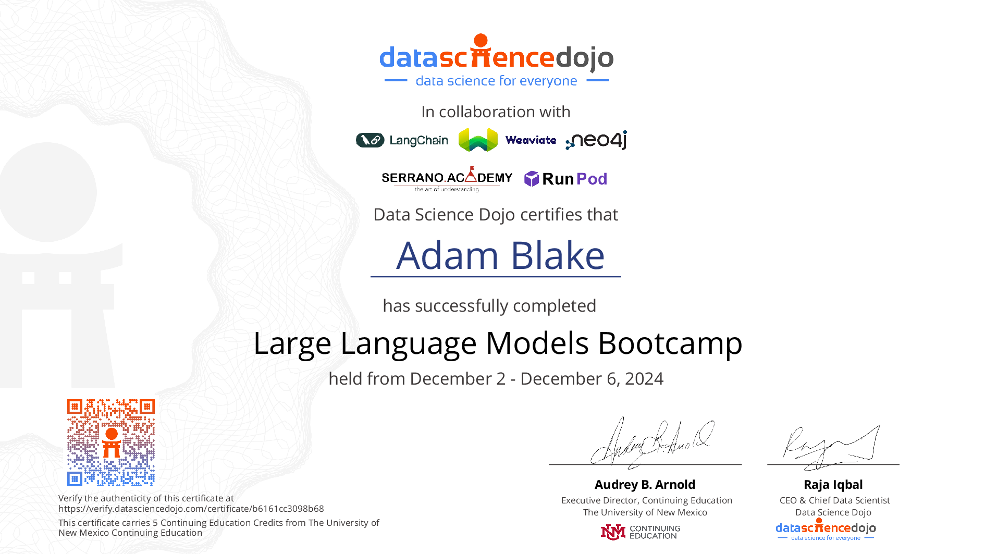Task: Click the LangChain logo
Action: [402, 140]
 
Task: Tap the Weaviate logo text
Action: [531, 140]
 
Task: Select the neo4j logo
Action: [596, 140]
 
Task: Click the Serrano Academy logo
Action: [447, 179]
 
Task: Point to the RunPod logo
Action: [565, 179]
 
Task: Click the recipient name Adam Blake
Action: [500, 255]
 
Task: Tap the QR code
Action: [111, 442]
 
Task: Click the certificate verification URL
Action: [191, 509]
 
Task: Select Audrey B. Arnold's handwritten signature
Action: [651, 443]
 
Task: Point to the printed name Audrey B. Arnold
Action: [645, 485]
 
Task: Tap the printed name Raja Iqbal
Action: [833, 485]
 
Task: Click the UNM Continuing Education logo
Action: [641, 532]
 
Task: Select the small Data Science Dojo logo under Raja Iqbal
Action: [826, 530]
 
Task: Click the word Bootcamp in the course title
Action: [670, 344]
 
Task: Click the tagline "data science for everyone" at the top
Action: [497, 81]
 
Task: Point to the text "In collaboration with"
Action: [496, 112]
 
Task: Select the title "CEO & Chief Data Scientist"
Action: [835, 500]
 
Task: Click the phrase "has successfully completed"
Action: [489, 306]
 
